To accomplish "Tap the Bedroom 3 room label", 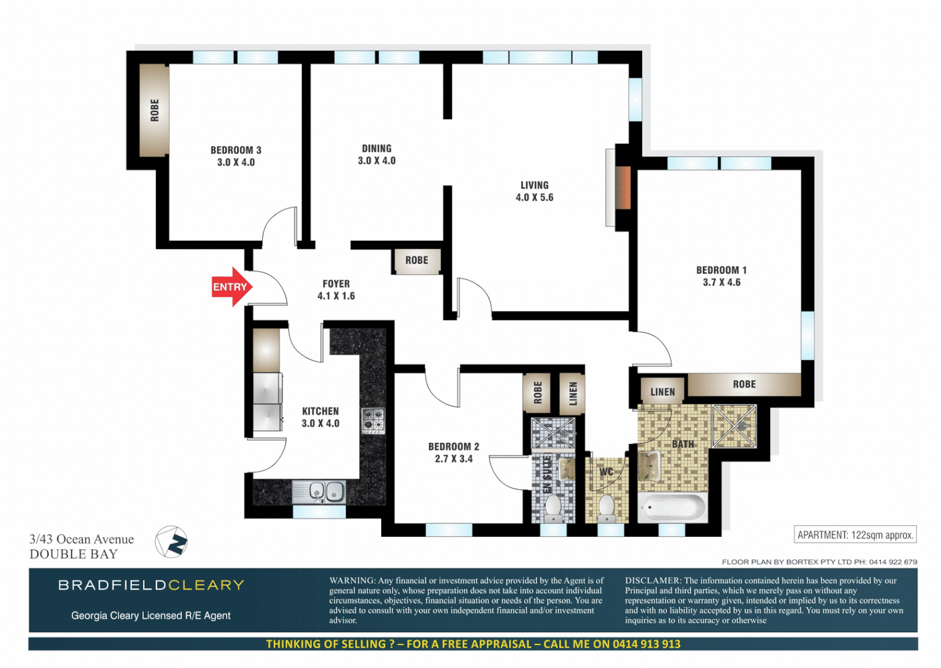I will (236, 156).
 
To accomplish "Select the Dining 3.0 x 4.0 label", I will (376, 155).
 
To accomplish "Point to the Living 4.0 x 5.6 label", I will (534, 191).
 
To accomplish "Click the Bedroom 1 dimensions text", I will (721, 283).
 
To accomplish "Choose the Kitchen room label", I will (320, 417).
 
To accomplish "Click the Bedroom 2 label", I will (453, 452).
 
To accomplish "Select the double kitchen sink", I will (319, 492).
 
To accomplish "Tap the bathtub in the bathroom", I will (672, 508).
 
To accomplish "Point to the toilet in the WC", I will (606, 507).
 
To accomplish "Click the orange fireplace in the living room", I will (622, 188).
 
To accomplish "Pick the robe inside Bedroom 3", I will (154, 110).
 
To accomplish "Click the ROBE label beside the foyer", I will (416, 260).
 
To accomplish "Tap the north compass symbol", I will (171, 542).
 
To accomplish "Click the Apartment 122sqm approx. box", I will (854, 535).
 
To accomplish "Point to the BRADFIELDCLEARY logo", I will (151, 585).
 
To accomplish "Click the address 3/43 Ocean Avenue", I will (82, 539).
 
